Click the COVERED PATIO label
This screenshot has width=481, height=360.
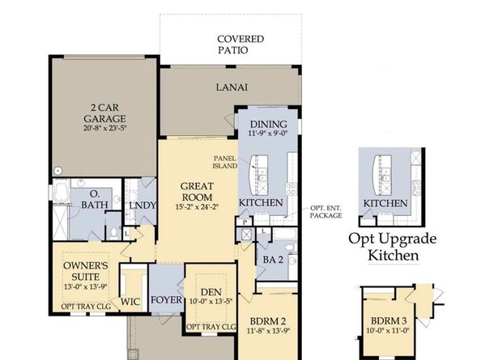pyautogui.click(x=240, y=44)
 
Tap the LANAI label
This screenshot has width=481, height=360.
pyautogui.click(x=231, y=87)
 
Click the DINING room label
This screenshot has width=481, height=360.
pyautogui.click(x=267, y=123)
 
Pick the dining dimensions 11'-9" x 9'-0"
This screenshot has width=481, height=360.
pyautogui.click(x=268, y=134)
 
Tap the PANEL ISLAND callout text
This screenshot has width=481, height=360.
pyautogui.click(x=224, y=162)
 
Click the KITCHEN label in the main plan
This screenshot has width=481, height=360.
pyautogui.click(x=261, y=201)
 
